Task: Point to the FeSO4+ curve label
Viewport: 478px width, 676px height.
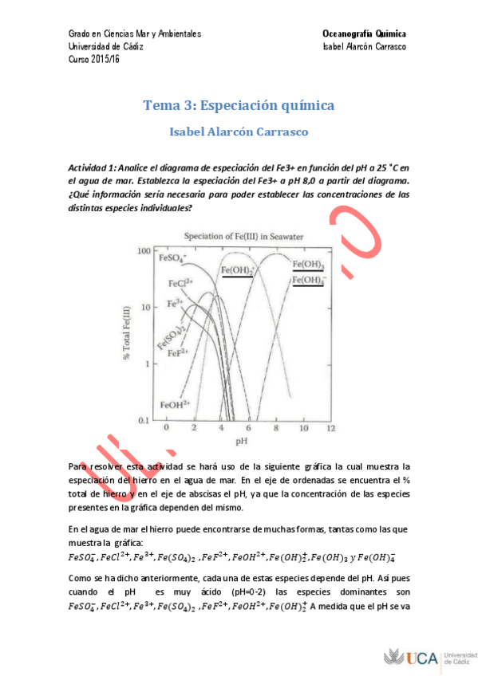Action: click(x=172, y=257)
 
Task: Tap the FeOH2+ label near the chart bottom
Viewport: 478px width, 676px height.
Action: click(x=176, y=404)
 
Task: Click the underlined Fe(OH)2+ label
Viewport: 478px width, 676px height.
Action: click(x=237, y=271)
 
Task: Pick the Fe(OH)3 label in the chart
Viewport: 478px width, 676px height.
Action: click(x=308, y=265)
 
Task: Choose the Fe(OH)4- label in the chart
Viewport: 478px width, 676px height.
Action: click(x=309, y=281)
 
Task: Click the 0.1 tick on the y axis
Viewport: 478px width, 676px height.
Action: click(x=144, y=419)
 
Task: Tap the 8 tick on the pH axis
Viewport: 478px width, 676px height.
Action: click(x=276, y=428)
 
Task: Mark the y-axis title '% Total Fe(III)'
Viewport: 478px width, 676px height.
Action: click(x=127, y=335)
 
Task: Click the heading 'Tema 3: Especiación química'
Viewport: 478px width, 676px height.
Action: click(x=239, y=105)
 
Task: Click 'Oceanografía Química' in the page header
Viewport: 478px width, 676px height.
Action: click(x=364, y=34)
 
